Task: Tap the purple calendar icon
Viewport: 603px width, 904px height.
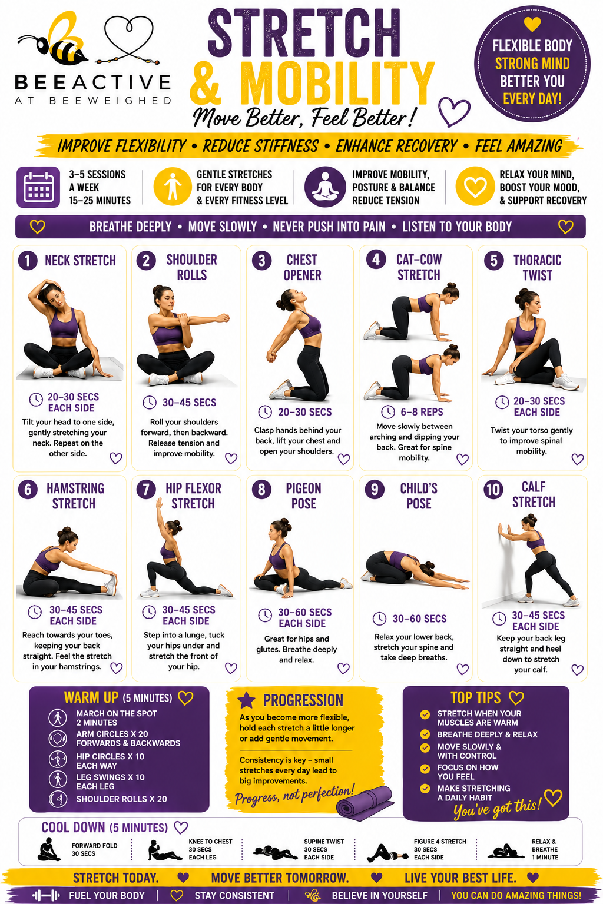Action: (38, 187)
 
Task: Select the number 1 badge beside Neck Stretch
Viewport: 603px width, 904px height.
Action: (28, 261)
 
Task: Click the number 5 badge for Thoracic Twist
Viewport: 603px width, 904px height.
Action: (494, 261)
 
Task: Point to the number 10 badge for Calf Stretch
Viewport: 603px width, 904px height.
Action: (493, 490)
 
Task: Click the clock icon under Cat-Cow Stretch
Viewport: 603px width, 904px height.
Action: (388, 412)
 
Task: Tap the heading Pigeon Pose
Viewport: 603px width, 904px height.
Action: (304, 496)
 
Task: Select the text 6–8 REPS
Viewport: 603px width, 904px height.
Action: (422, 412)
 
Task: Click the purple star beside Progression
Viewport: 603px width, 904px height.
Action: (246, 700)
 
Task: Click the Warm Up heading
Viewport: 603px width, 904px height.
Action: (91, 697)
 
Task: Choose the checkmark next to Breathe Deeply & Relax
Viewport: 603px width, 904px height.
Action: (425, 734)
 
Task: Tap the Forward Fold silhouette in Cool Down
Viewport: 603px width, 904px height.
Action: (49, 849)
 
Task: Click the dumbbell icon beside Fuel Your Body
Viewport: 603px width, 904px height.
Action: (46, 895)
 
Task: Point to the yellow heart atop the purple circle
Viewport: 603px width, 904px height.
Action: (532, 24)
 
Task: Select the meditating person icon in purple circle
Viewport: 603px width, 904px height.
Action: (326, 187)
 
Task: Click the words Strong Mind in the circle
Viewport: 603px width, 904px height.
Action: (532, 64)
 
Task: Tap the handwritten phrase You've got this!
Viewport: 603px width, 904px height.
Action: (497, 808)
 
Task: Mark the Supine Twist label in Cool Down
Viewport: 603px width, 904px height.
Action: (324, 842)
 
